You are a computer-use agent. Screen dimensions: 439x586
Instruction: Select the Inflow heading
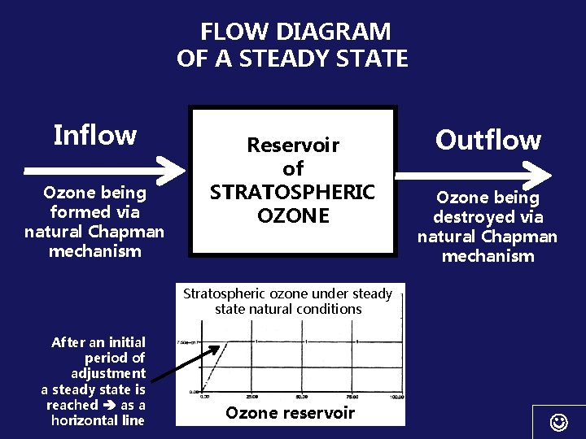(x=94, y=135)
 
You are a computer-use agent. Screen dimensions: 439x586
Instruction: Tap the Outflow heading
(x=488, y=140)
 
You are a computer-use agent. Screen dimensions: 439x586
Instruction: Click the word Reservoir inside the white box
(x=293, y=146)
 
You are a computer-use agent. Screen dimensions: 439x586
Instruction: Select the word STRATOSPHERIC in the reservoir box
(x=293, y=193)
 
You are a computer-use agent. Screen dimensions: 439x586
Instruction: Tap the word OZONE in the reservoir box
(x=293, y=215)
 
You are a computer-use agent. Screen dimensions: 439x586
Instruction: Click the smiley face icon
(x=558, y=422)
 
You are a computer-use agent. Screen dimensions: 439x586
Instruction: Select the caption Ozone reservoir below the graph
(x=291, y=412)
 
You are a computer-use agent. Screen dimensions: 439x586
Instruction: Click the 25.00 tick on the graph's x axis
(x=253, y=398)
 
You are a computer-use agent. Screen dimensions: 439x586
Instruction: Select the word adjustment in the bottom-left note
(x=108, y=373)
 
